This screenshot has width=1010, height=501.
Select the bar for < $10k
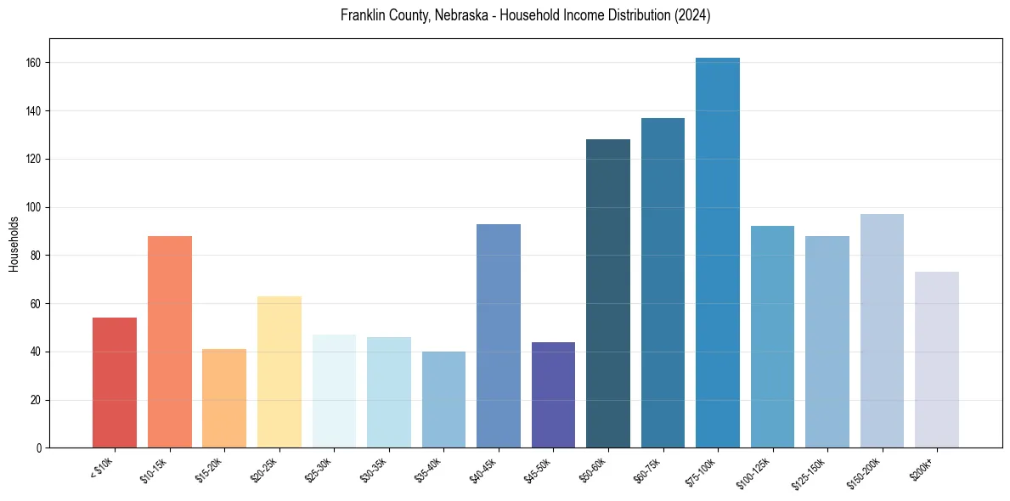point(115,383)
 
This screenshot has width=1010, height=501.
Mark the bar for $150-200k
point(882,331)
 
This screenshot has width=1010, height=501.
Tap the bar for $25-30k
point(334,391)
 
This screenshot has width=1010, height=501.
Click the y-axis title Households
point(14,244)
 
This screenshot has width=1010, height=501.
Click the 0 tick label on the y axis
point(40,448)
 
